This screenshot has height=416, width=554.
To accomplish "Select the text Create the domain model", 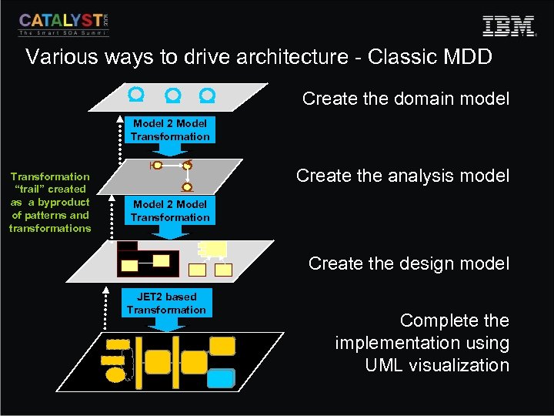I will [x=405, y=99].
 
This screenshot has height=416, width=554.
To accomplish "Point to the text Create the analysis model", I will [x=402, y=176].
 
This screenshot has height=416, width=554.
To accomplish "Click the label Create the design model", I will [x=409, y=263].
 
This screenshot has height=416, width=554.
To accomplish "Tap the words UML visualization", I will [x=437, y=365].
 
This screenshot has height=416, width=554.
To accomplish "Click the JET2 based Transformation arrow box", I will [x=167, y=304].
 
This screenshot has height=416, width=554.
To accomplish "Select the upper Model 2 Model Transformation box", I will [x=170, y=130].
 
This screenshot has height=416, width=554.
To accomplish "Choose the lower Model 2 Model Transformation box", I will [x=170, y=211].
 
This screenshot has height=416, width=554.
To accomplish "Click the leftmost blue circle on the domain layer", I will [x=137, y=96].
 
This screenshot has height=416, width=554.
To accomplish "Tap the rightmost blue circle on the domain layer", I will [x=207, y=96].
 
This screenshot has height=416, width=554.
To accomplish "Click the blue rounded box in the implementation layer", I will [x=222, y=377].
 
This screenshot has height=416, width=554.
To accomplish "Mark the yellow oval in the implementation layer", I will [x=115, y=375].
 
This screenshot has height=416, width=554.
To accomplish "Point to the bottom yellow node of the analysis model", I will [x=187, y=186].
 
